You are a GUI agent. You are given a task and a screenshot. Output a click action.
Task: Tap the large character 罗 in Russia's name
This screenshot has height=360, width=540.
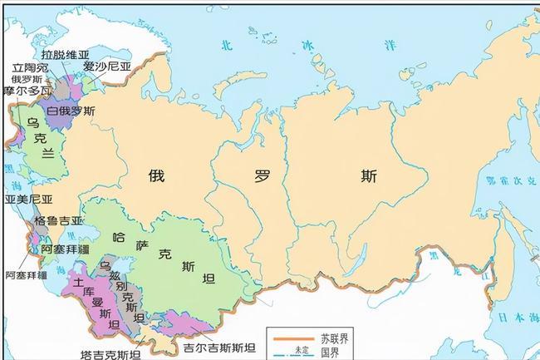coord(263,176)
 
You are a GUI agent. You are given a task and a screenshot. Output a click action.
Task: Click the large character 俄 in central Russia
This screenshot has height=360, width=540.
coord(157,175)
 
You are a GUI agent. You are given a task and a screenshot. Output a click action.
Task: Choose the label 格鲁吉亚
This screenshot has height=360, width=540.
coord(59,221)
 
